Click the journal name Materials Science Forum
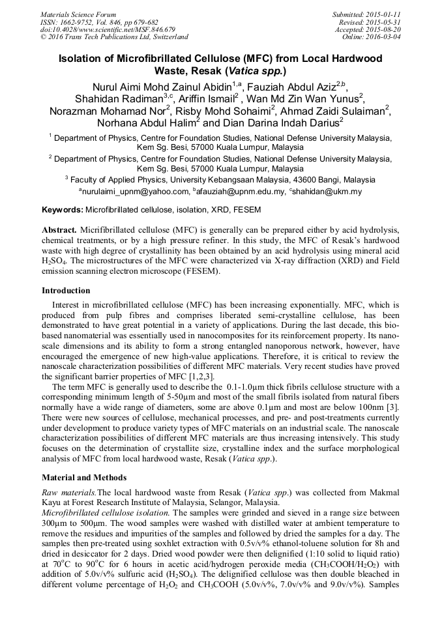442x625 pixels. click(x=78, y=14)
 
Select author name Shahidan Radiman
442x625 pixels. click(x=111, y=98)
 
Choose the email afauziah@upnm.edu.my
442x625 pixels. click(x=240, y=191)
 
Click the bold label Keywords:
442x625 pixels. click(x=63, y=210)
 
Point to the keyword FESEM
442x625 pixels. click(x=248, y=210)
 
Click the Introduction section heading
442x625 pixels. click(x=66, y=290)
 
